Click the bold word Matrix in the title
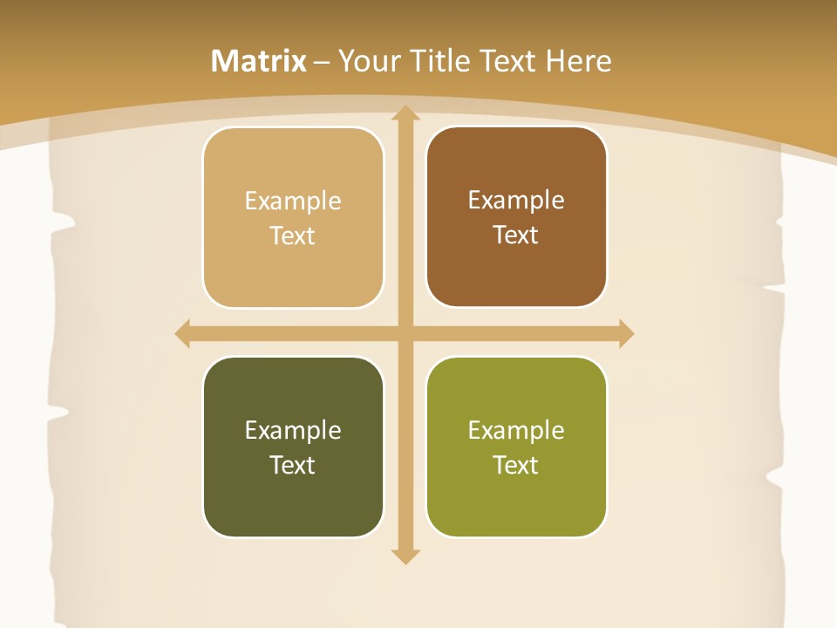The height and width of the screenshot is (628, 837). point(259,61)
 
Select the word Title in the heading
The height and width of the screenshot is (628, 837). point(436,61)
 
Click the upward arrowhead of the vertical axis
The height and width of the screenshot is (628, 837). point(405,113)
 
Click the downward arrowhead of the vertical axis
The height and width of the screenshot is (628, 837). point(405,556)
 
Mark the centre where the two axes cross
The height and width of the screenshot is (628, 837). point(405,333)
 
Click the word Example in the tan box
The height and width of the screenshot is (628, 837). point(293,201)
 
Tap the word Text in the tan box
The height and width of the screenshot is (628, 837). point(293,236)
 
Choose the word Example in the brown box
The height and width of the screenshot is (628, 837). point(516,201)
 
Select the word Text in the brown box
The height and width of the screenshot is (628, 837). point(516,235)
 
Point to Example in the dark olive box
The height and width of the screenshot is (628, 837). point(293,431)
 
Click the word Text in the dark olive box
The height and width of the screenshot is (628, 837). point(293,466)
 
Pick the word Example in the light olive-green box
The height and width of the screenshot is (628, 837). point(516,431)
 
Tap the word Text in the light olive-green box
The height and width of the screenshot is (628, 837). point(516,466)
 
